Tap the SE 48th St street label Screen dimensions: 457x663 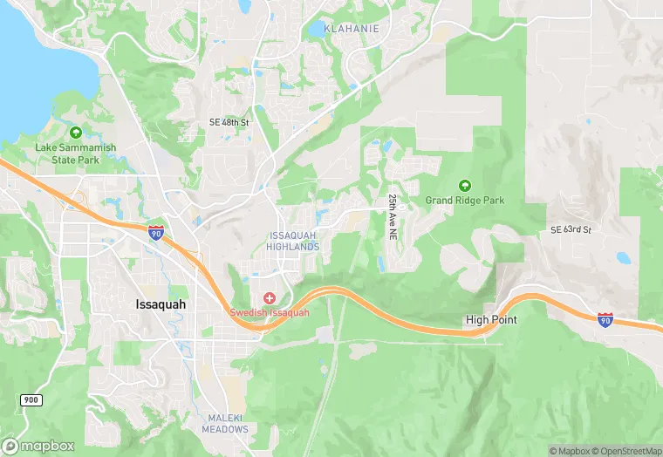click(x=229, y=123)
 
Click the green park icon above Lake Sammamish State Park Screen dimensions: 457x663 click(x=75, y=133)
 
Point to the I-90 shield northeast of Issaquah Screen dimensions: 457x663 click(x=155, y=232)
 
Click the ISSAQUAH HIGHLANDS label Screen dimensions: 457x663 click(x=295, y=242)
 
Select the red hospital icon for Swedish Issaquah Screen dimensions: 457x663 click(x=270, y=299)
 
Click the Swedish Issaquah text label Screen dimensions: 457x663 click(x=270, y=313)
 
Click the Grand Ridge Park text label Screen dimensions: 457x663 click(x=465, y=201)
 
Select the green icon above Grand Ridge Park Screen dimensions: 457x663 click(x=465, y=185)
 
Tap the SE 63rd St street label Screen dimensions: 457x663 click(x=571, y=229)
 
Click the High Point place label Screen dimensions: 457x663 click(x=491, y=320)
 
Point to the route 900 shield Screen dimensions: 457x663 click(x=31, y=399)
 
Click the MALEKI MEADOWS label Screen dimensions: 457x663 click(x=225, y=423)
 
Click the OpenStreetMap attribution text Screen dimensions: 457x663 click(x=627, y=451)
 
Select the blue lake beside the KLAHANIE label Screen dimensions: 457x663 click(x=316, y=30)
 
